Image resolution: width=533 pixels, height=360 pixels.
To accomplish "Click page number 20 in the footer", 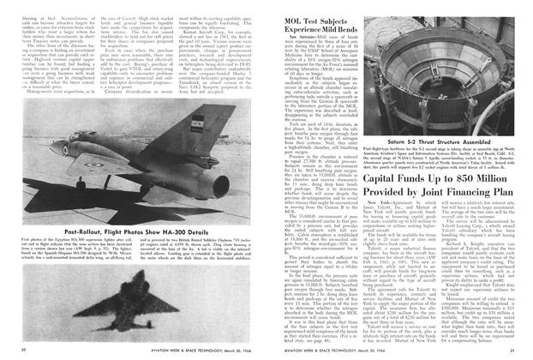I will [21, 350].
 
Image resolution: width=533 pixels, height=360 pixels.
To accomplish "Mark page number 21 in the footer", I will [512, 350].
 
